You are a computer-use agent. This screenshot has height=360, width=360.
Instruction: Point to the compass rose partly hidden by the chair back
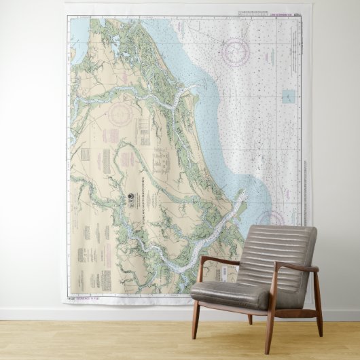coord(271,219)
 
